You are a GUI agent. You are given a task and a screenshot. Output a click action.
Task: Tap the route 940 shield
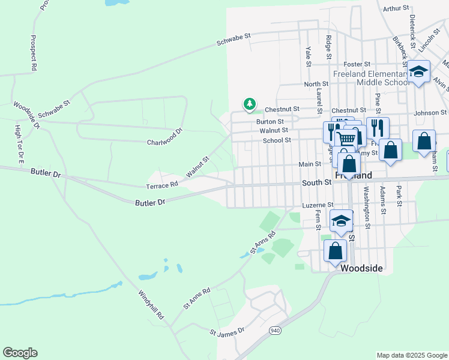coord(275,330)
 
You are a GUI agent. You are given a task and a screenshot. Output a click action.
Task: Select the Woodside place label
coord(361,269)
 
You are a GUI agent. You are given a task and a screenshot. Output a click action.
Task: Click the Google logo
coord(20,353)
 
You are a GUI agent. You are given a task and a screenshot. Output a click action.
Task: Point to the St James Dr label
coord(228,331)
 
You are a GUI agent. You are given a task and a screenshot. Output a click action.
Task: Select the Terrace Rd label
coord(163,185)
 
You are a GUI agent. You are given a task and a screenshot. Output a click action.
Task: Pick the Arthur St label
coord(396,8)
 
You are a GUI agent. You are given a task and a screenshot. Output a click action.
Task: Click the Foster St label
coord(355,64)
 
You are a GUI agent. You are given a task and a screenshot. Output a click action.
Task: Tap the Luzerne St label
coord(318,205)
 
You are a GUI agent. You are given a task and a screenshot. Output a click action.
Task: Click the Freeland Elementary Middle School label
coord(382,77)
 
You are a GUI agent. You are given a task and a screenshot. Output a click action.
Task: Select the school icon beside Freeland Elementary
coord(418,73)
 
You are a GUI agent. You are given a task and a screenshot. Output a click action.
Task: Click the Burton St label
coord(270,121)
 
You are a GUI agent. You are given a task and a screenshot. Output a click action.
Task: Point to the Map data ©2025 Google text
coord(412,355)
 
